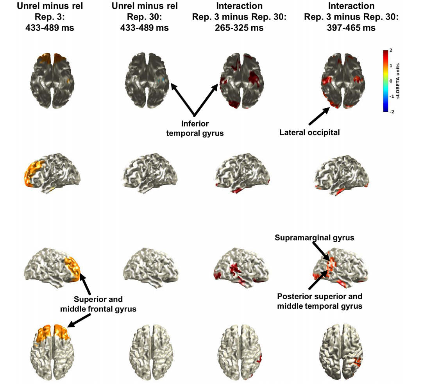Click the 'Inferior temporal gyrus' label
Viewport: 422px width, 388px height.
pyautogui.click(x=195, y=128)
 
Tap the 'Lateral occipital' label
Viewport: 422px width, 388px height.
pyautogui.click(x=309, y=132)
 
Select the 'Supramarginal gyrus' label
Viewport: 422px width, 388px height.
pyautogui.click(x=314, y=238)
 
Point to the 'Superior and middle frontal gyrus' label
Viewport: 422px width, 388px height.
pyautogui.click(x=98, y=304)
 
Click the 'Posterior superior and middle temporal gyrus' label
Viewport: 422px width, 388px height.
pyautogui.click(x=320, y=301)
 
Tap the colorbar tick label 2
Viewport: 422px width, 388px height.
pyautogui.click(x=391, y=50)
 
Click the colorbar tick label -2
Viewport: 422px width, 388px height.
pyautogui.click(x=392, y=112)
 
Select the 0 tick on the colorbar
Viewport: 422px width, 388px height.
pyautogui.click(x=391, y=81)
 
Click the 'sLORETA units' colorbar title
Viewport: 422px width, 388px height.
pyautogui.click(x=398, y=81)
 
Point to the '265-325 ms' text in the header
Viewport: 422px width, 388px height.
pyautogui.click(x=239, y=28)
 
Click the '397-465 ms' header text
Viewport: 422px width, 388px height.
pyautogui.click(x=351, y=28)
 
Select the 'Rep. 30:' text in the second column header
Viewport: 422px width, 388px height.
pyautogui.click(x=145, y=17)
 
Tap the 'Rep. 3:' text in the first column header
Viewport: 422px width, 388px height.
pyautogui.click(x=50, y=17)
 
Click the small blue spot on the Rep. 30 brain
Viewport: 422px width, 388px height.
pyautogui.click(x=161, y=80)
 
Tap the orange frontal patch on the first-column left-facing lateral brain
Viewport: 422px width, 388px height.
pyautogui.click(x=33, y=173)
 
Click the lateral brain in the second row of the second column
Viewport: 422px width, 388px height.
pyautogui.click(x=150, y=171)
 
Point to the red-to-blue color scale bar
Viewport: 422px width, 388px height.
pyautogui.click(x=386, y=81)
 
